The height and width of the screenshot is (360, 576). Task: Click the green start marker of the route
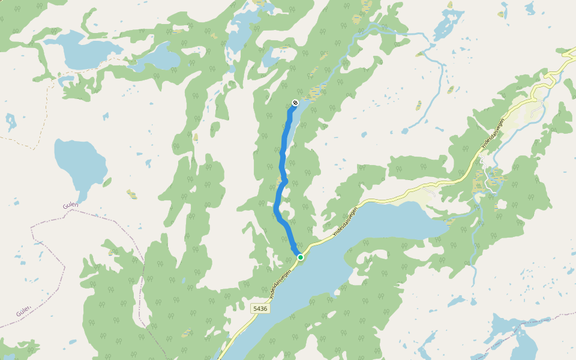[x=300, y=257]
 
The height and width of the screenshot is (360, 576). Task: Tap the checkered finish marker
[x=295, y=103]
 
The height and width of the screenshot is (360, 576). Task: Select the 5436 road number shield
[x=260, y=308]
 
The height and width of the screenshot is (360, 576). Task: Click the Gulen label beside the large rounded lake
[x=70, y=205]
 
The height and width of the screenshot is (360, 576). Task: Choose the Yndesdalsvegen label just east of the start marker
[x=346, y=222]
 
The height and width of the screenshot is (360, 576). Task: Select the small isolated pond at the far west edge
[x=10, y=122]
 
